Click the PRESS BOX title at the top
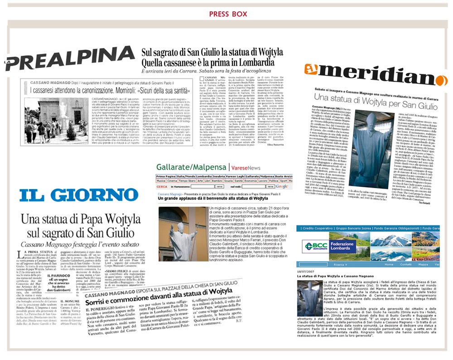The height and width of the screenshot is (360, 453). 227,14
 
